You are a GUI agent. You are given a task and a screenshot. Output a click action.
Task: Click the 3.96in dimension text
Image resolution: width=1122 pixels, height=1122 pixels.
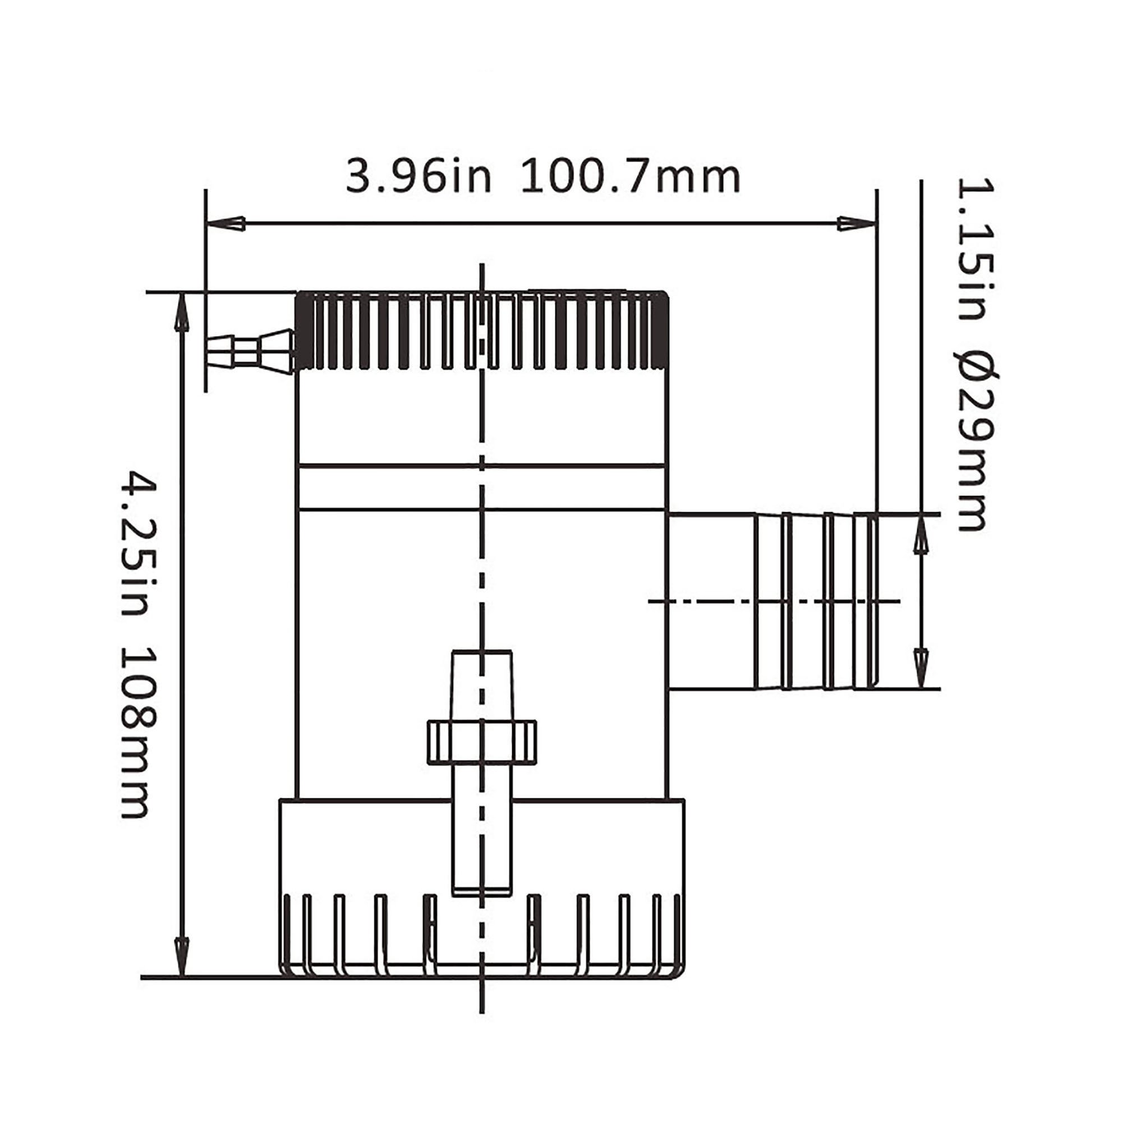click(418, 177)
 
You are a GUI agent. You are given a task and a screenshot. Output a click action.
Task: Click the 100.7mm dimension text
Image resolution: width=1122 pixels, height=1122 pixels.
click(631, 177)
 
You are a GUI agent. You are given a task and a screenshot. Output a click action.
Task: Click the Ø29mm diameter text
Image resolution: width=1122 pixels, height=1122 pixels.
click(975, 442)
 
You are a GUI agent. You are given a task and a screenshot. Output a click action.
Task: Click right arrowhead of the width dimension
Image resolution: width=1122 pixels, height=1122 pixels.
click(857, 223)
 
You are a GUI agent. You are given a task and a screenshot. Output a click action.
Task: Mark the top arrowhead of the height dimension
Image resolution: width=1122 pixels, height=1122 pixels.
click(182, 314)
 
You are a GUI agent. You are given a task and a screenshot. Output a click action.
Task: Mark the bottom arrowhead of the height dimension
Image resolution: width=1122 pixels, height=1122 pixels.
click(182, 955)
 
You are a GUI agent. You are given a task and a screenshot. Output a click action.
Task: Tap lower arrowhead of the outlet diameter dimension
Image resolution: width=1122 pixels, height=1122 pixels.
click(921, 668)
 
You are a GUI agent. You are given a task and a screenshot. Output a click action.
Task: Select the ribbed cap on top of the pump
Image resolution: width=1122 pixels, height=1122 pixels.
click(482, 331)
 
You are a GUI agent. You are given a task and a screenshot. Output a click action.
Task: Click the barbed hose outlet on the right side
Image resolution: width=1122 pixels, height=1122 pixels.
click(813, 601)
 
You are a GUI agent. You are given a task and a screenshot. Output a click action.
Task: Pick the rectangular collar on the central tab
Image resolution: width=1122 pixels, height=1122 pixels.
click(482, 742)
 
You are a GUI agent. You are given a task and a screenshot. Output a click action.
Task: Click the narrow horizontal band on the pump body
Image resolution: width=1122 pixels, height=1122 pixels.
click(482, 488)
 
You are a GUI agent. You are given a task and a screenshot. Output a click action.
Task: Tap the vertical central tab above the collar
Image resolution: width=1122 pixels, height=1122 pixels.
click(482, 686)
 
